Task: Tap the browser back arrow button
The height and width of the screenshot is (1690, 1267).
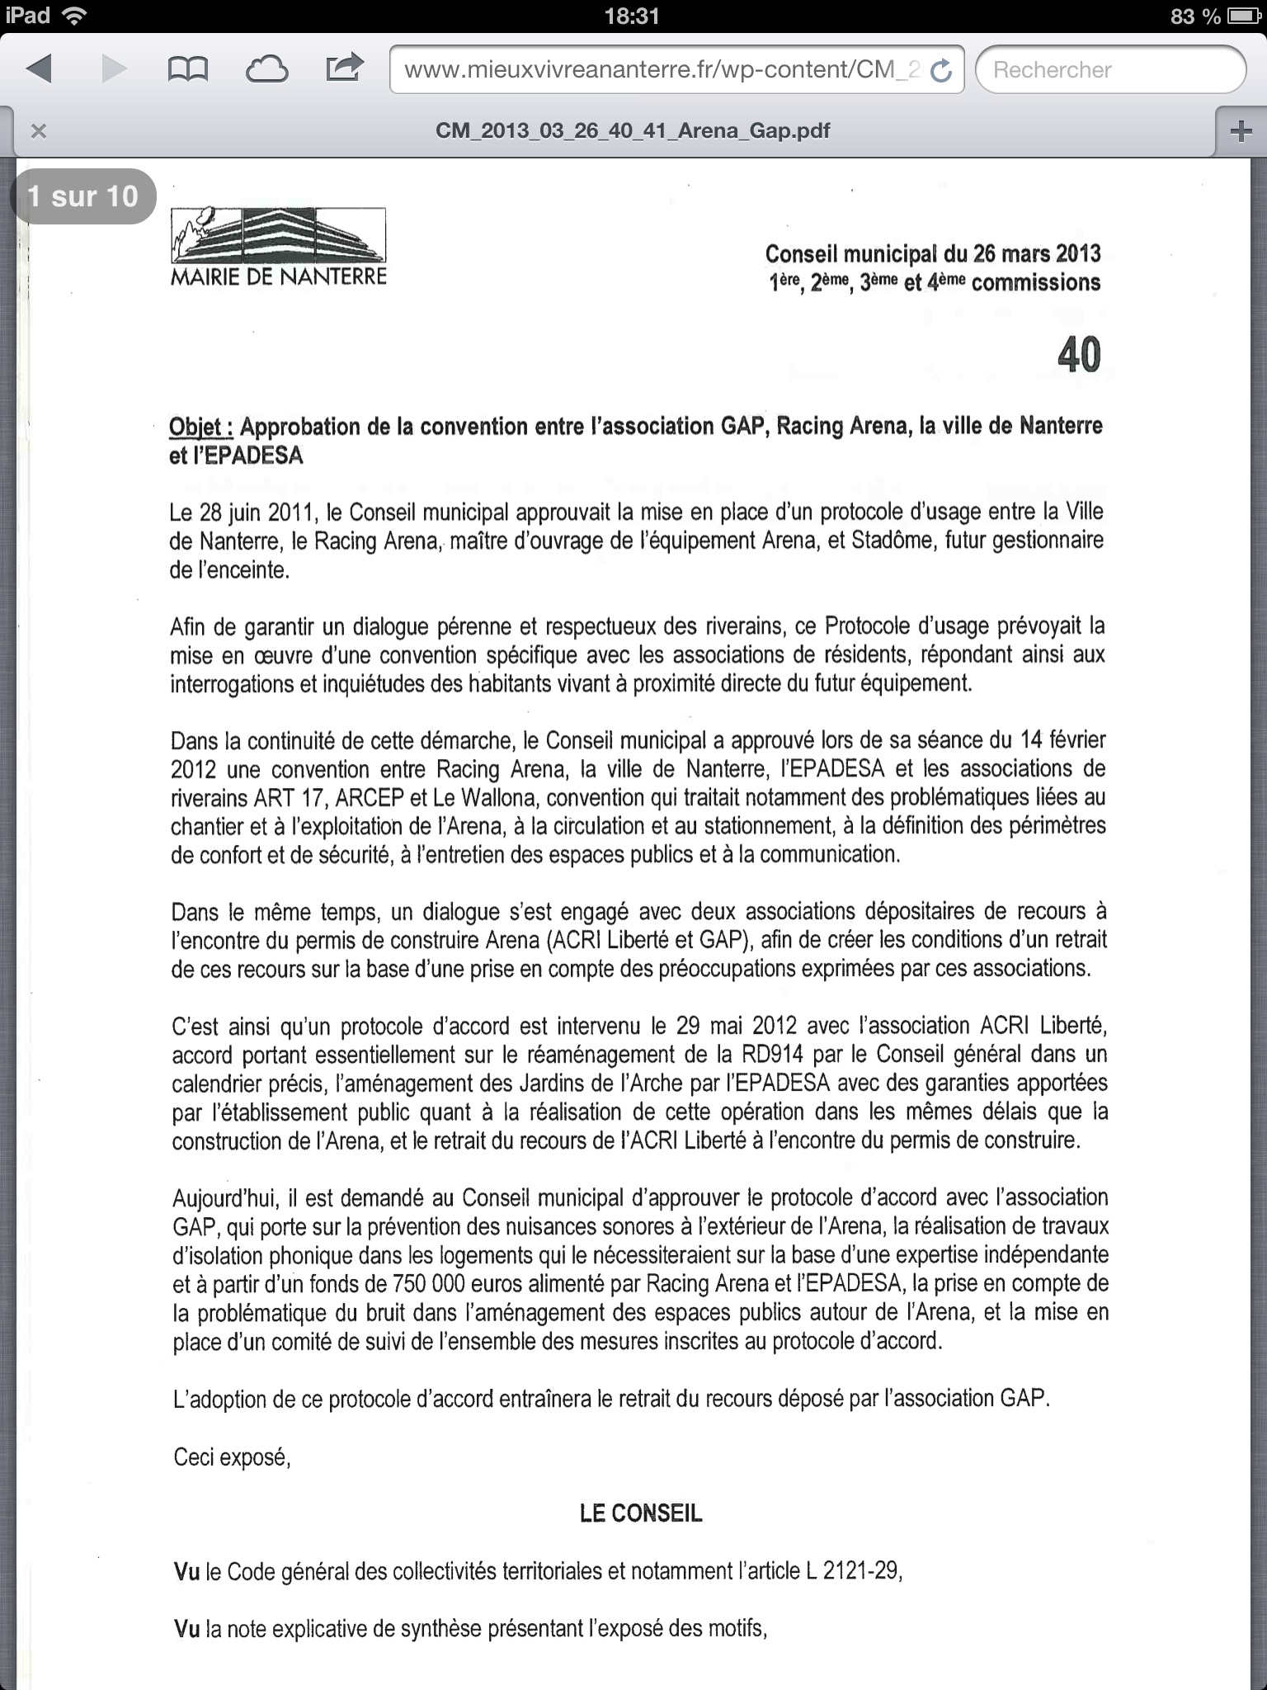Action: point(40,69)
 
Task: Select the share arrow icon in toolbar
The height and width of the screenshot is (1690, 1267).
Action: point(345,68)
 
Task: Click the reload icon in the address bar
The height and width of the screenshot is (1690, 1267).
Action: point(941,71)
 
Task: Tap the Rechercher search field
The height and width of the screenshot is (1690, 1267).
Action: point(1109,70)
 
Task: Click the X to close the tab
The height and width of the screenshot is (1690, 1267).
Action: point(38,131)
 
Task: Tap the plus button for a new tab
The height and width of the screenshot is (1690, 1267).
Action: point(1241,131)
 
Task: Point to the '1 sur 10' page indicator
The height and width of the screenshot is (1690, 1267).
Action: point(82,196)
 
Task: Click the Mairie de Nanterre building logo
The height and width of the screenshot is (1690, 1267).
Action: point(278,235)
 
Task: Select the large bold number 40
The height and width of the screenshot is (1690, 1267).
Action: point(1078,355)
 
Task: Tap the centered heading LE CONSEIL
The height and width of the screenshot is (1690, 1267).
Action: point(641,1513)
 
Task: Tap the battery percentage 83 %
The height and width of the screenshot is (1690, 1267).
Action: point(1195,16)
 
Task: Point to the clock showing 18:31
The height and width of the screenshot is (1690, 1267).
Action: point(632,16)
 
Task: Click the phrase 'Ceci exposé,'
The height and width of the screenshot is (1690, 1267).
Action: point(232,1456)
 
